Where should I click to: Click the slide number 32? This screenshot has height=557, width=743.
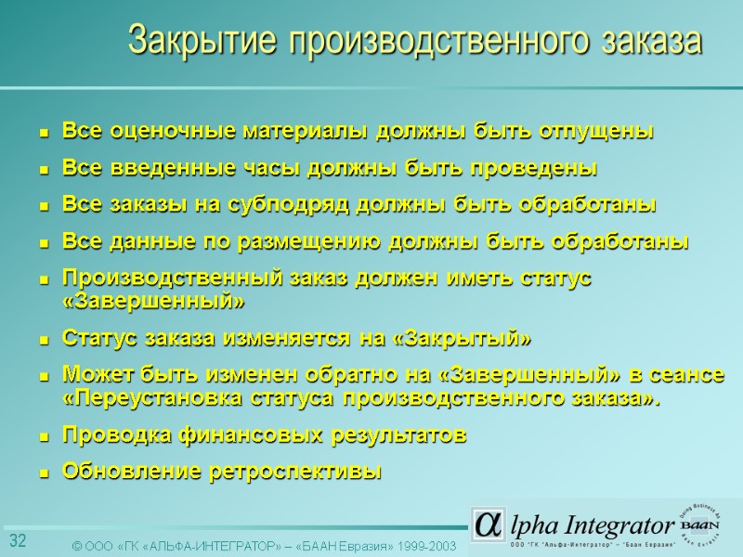click(18, 541)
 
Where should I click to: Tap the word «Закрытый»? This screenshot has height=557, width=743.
click(463, 338)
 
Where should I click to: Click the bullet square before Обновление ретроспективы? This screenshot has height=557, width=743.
click(43, 473)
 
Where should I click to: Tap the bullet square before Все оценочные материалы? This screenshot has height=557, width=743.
click(43, 133)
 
